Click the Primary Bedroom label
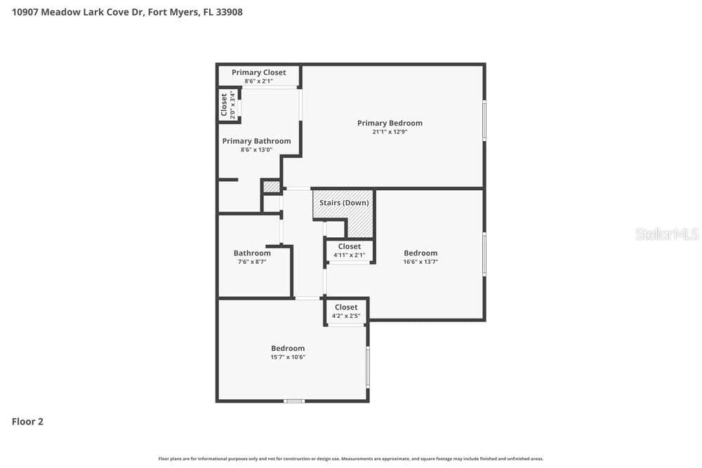coord(390,123)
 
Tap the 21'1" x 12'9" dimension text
coord(390,132)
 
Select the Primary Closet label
coord(258,72)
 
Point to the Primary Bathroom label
coord(256,142)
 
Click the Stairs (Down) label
coord(344,203)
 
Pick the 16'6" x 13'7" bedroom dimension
coord(420,262)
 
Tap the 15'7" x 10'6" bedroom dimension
coord(288,357)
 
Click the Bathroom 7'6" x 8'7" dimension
coord(252,262)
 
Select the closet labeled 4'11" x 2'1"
coord(349,250)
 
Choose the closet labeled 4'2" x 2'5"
coord(346,312)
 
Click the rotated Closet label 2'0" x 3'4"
coord(227,105)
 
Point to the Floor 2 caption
coord(27,422)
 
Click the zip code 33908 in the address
coord(230,12)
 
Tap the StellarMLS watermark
coord(667,234)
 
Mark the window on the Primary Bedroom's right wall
coord(484,121)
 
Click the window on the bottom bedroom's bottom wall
coord(294,401)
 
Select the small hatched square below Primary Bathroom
coord(271,187)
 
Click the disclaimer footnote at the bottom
coord(350,459)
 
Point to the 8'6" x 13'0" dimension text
coord(256,150)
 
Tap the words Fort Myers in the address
coord(173,12)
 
